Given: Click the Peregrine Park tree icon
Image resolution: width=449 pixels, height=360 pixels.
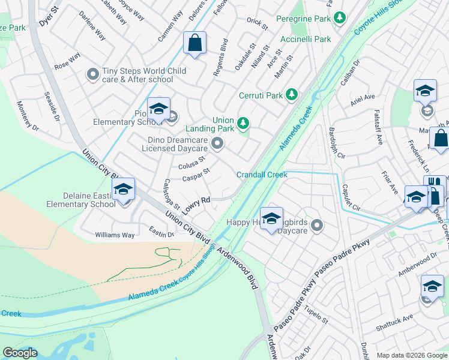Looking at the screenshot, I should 340,19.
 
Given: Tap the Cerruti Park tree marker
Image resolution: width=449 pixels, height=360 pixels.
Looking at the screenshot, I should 292,95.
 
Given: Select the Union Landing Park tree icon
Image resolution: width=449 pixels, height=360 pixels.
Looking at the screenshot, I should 243,124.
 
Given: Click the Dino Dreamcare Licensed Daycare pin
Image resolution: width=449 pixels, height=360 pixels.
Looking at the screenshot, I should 218,143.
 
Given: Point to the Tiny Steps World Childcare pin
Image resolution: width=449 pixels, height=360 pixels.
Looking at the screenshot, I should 93,74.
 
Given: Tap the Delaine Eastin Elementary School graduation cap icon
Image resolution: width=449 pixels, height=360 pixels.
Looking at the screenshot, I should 123,190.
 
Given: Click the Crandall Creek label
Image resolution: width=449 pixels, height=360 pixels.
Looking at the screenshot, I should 262,175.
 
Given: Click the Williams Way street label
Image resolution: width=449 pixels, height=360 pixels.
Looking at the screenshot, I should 115,235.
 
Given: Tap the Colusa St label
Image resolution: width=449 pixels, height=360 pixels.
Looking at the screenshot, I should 191,163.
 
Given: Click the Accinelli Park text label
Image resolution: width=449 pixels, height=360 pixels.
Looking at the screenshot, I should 306,40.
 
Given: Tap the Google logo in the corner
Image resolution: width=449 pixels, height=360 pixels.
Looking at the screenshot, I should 20,353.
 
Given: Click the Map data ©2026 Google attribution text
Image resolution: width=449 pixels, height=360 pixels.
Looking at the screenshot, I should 411,355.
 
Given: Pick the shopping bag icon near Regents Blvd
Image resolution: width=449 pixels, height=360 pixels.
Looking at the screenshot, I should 194,43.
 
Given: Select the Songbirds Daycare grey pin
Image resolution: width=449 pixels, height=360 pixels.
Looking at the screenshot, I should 317,226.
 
